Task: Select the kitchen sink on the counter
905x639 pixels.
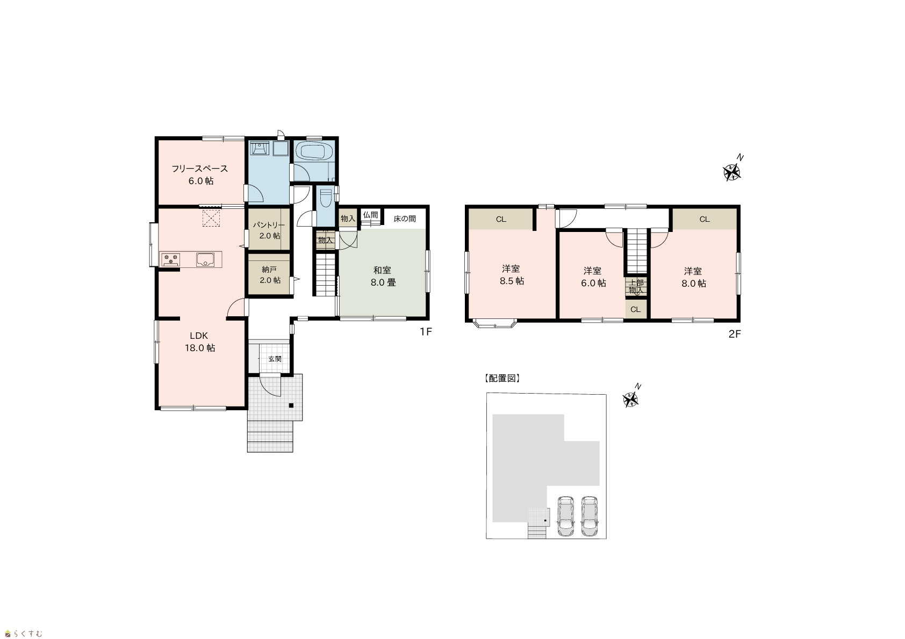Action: point(206,259)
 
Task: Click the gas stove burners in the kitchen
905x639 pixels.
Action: point(171,259)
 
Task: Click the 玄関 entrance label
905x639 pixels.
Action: point(275,359)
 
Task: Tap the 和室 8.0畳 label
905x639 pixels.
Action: point(383,276)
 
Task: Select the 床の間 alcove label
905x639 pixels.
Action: point(405,219)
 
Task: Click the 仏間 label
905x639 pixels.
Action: point(370,215)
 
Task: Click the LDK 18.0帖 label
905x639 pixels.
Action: point(199,342)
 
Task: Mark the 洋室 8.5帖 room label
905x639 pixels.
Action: point(512,275)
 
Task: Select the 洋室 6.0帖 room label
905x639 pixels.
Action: point(593,277)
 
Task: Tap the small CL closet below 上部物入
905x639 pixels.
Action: point(636,310)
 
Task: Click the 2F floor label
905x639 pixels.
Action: point(735,334)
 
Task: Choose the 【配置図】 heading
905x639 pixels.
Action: point(501,378)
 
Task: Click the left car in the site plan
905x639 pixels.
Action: point(565,516)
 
